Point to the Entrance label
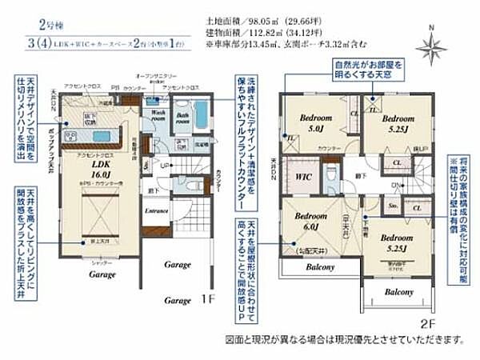coord(156,210)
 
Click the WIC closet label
coord(303,175)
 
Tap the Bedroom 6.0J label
coord(309,222)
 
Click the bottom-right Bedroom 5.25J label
coord(396,242)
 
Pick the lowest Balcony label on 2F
coord(398,293)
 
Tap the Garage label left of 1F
coord(178,301)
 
